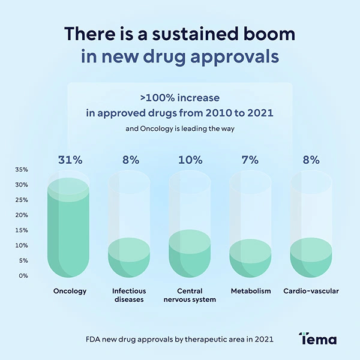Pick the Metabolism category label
point(251,291)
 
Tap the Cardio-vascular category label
point(311,291)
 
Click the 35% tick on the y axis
point(22,170)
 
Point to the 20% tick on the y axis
point(22,215)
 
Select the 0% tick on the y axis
point(23,276)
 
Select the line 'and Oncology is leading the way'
point(179,128)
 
